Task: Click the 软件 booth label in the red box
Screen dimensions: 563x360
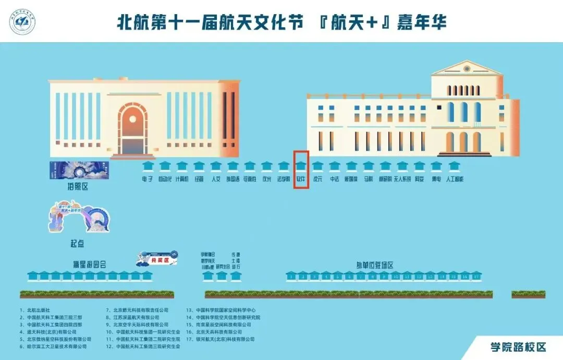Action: pyautogui.click(x=301, y=179)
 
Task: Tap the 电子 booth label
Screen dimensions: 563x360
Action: pyautogui.click(x=148, y=179)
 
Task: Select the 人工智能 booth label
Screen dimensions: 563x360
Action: pyautogui.click(x=455, y=179)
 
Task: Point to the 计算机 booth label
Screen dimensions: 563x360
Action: pyautogui.click(x=181, y=179)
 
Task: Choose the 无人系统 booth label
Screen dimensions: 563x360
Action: pyautogui.click(x=402, y=179)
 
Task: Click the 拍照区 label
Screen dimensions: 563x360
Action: pyautogui.click(x=77, y=187)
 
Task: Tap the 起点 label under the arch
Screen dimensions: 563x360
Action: pyautogui.click(x=77, y=244)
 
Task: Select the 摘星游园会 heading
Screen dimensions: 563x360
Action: pyautogui.click(x=90, y=264)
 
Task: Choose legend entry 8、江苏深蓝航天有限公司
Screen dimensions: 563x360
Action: pyautogui.click(x=136, y=317)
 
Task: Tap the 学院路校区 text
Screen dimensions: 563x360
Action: pyautogui.click(x=517, y=347)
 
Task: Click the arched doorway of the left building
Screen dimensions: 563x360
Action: pyautogui.click(x=132, y=130)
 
